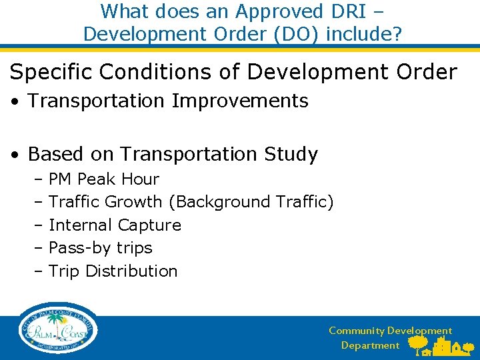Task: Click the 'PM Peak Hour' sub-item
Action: [103, 179]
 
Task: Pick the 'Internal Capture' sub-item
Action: [115, 225]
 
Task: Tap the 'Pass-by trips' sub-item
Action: [100, 248]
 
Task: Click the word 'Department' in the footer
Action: [370, 345]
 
